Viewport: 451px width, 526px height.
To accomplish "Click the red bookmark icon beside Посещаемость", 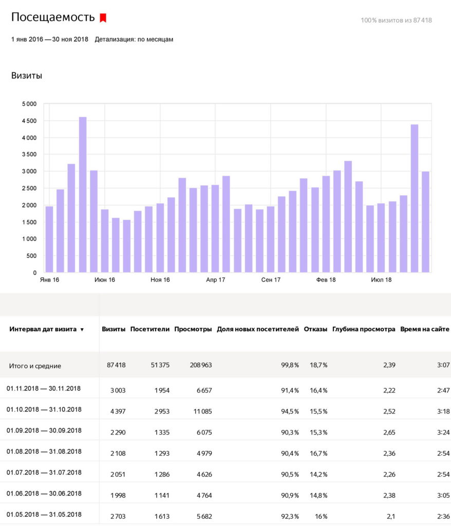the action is tap(103, 18).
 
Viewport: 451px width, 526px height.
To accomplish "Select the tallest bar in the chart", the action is tap(83, 195).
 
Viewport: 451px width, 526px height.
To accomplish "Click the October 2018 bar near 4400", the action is tap(415, 198).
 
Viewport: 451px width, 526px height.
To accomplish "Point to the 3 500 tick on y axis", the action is tap(29, 154).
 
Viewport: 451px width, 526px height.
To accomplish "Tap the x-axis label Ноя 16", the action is tap(160, 280).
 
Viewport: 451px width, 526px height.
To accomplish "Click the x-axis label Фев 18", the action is tap(326, 280).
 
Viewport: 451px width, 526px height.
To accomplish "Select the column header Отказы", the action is tap(315, 329).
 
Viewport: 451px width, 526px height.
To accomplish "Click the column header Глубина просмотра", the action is tap(364, 329).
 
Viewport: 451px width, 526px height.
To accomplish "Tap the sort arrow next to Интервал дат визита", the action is tap(82, 330).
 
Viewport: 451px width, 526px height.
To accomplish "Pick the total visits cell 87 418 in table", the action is tap(116, 365).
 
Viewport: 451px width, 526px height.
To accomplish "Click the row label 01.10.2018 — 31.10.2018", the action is tap(44, 409).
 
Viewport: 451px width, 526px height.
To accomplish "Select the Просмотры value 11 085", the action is tap(202, 411).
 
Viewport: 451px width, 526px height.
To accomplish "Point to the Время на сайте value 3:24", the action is tap(443, 433).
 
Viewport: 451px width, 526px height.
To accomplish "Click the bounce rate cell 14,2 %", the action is tap(318, 474).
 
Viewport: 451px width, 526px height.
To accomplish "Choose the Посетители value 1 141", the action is tap(162, 496).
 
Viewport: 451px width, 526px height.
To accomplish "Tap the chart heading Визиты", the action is tap(27, 76).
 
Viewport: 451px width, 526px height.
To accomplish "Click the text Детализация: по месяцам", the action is tap(134, 39).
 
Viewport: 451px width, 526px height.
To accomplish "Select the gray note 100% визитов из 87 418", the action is tap(397, 20).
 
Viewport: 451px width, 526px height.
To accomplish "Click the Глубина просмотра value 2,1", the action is tap(390, 517).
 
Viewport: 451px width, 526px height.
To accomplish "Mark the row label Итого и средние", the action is tap(35, 366).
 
